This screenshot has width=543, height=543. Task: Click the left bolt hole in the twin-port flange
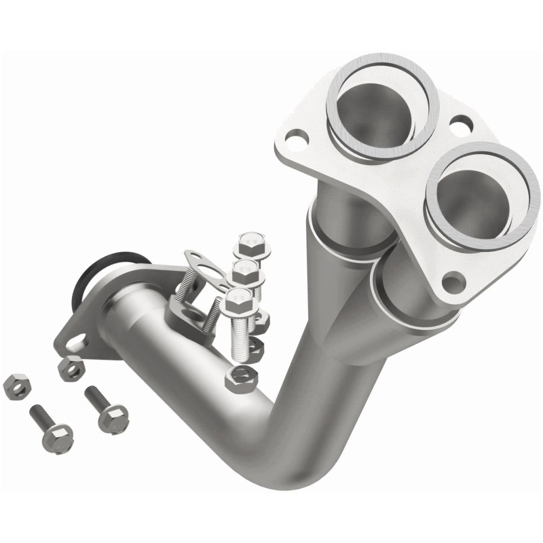tap(293, 141)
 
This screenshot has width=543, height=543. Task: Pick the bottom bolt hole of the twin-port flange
tap(451, 280)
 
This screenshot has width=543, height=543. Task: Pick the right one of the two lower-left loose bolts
tap(107, 409)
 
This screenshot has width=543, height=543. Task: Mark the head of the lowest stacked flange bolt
tap(238, 299)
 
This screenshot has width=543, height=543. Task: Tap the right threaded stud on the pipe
tap(212, 314)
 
